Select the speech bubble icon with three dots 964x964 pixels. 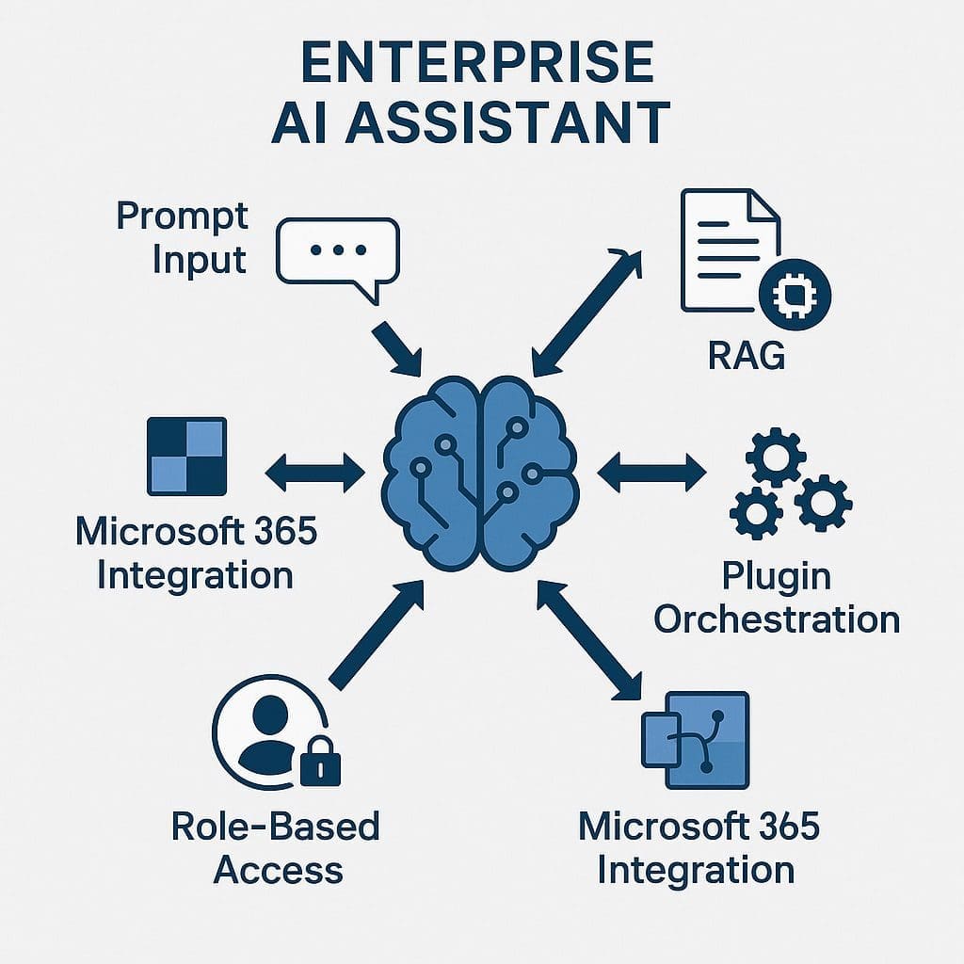[338, 254]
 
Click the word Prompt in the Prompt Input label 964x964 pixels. [182, 217]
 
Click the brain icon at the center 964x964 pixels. [481, 472]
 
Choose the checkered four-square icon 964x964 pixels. [187, 457]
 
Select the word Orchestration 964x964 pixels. [777, 619]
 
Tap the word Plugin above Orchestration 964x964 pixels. [776, 575]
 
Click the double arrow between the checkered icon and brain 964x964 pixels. [315, 472]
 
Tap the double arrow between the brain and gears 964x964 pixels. [651, 471]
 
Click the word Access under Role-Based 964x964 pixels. [278, 869]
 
